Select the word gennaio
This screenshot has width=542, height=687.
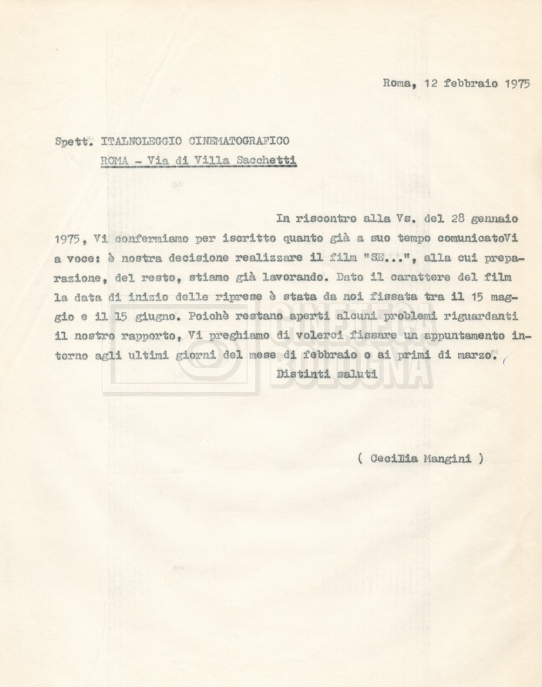click(499, 218)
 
